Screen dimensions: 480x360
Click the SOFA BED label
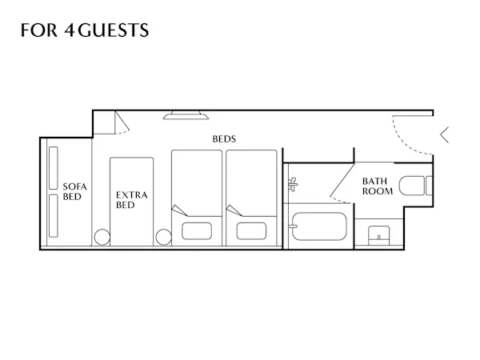[x=74, y=192]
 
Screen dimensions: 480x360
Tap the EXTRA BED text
[x=132, y=200]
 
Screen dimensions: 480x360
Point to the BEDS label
[x=224, y=139]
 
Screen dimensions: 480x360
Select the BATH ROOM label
[x=378, y=186]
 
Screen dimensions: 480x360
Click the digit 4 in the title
[x=70, y=30]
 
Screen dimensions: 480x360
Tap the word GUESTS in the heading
[x=114, y=30]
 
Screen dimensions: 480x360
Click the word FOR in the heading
[x=39, y=30]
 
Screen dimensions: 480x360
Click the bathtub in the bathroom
[x=319, y=226]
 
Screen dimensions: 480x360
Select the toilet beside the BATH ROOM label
[x=416, y=186]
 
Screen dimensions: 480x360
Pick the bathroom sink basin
[x=378, y=235]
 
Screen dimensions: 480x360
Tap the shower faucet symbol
[x=293, y=184]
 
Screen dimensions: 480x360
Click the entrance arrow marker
[x=445, y=134]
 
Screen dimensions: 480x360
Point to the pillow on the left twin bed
[x=197, y=231]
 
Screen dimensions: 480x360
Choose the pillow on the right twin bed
[x=251, y=231]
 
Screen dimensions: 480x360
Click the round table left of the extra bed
[x=102, y=238]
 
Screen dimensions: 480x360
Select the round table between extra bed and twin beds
[x=164, y=238]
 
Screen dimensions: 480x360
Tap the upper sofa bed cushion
[x=54, y=168]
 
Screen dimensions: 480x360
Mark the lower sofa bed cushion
[x=54, y=216]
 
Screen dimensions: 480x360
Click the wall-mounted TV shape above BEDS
[x=186, y=115]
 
